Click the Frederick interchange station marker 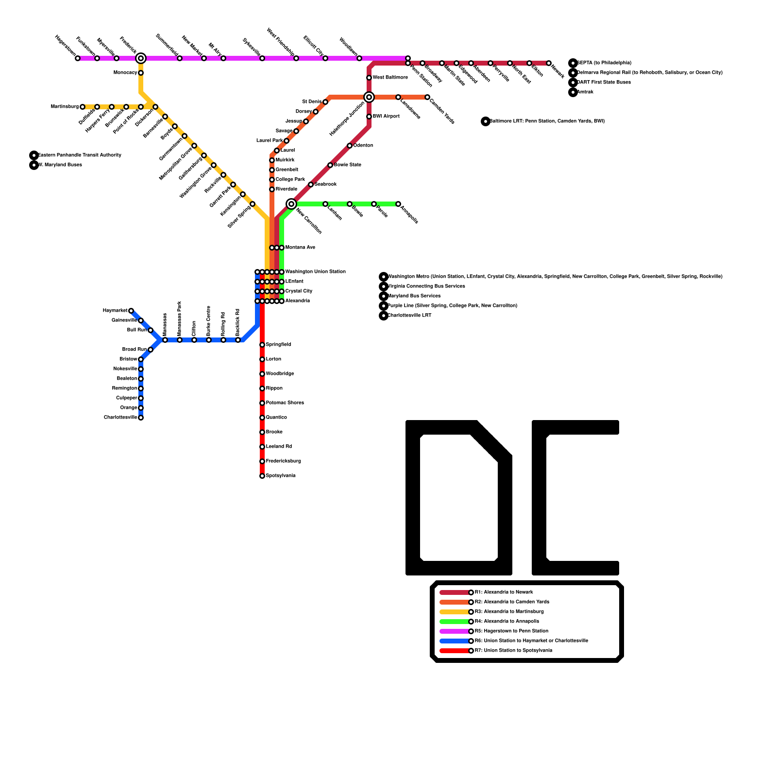pos(141,58)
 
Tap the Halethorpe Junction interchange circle pos(369,97)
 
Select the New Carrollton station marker pos(291,204)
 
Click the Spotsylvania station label pos(281,476)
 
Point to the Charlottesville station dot pos(141,418)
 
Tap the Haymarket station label pos(115,311)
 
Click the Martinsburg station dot pos(83,107)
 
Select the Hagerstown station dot pos(78,58)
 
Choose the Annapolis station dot pos(398,204)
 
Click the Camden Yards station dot pos(427,97)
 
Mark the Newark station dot pos(549,63)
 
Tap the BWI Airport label pos(386,117)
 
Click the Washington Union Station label pos(315,272)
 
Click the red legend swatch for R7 pos(455,651)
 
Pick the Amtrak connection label pos(585,92)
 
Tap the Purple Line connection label pos(452,306)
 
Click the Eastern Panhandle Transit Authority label pos(80,155)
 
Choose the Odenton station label pos(363,146)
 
